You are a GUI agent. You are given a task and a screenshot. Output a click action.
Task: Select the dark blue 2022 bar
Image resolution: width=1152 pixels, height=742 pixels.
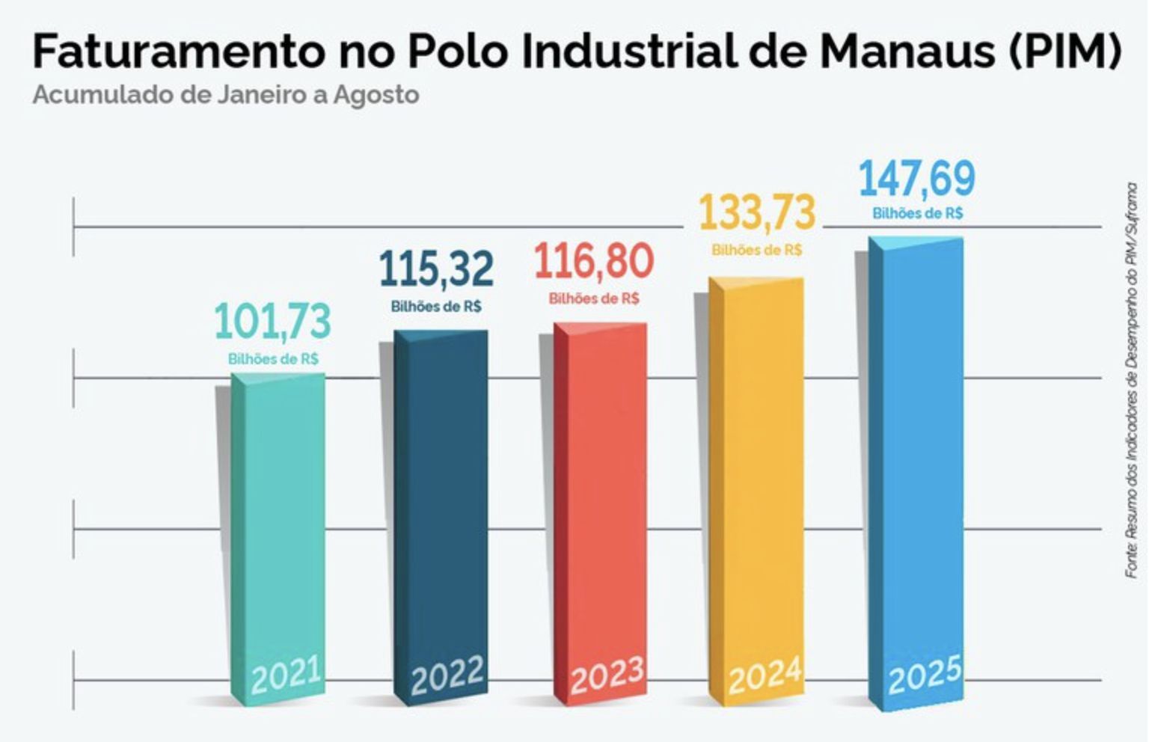pyautogui.click(x=441, y=501)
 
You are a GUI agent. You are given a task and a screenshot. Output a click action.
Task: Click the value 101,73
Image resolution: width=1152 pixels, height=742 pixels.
pyautogui.click(x=273, y=322)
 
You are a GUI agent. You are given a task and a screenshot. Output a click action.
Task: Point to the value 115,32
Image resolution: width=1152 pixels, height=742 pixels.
pyautogui.click(x=436, y=269)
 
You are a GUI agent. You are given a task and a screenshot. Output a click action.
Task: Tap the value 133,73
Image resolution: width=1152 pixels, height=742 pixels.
pyautogui.click(x=756, y=212)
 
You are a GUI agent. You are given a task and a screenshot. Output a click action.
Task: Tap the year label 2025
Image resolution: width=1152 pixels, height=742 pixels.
pyautogui.click(x=925, y=675)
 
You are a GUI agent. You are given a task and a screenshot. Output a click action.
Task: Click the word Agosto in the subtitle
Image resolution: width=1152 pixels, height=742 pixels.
pyautogui.click(x=376, y=96)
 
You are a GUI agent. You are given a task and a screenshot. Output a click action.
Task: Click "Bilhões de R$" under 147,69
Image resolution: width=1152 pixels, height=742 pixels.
pyautogui.click(x=918, y=214)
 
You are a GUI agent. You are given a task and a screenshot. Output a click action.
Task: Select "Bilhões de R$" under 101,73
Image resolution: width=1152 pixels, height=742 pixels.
pyautogui.click(x=273, y=360)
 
